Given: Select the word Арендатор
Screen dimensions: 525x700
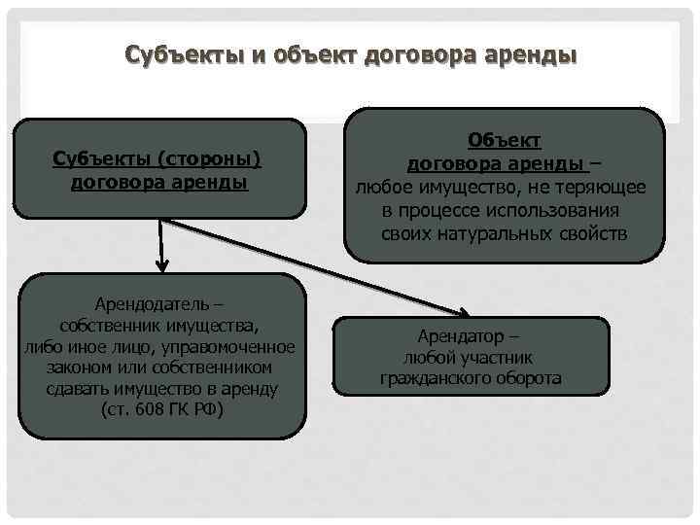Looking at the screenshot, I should coord(461,336).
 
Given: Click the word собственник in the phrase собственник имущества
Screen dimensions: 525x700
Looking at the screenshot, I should coord(108,325).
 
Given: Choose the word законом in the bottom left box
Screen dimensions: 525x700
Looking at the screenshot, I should coord(77,367).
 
